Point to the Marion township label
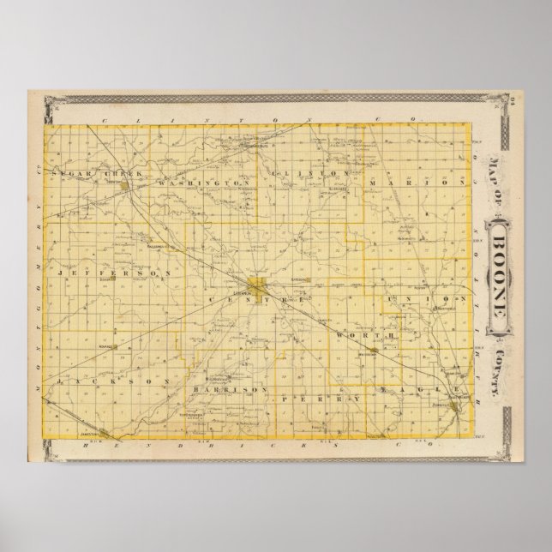pos(417,182)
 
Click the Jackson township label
pos(88,378)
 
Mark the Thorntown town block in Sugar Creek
pos(126,183)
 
